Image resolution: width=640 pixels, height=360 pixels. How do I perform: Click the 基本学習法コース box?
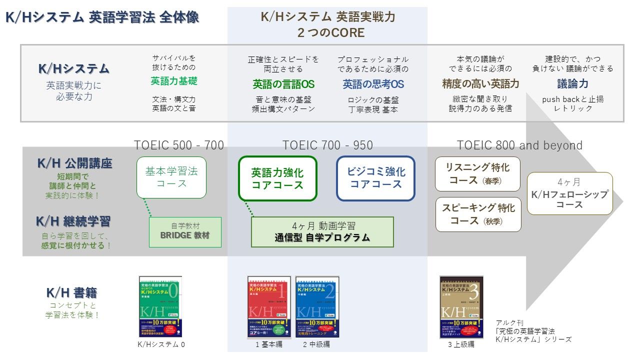(x=171, y=177)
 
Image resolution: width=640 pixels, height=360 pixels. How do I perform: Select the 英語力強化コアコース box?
(x=277, y=178)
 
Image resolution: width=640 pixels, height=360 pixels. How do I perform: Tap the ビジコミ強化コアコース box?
(x=375, y=178)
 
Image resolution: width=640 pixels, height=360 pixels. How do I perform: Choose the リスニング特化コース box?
(x=477, y=174)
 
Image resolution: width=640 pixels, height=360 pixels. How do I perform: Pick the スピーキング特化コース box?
(x=477, y=214)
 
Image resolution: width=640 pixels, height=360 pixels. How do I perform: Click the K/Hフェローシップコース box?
(x=569, y=193)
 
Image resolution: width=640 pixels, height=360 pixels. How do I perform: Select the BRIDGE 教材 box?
(x=185, y=232)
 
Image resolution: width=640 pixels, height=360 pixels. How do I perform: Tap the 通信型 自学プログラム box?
(x=322, y=232)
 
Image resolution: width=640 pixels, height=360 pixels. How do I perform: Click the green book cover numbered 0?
(x=160, y=306)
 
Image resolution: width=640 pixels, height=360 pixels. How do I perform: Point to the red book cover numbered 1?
(x=269, y=306)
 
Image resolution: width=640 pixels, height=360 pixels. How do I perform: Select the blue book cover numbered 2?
(x=317, y=306)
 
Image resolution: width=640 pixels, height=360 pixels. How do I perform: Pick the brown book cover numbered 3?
(x=461, y=306)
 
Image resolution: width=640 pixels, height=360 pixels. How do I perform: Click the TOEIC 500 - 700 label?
(x=179, y=145)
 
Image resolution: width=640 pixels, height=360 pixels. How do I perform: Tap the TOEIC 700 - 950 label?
(x=327, y=145)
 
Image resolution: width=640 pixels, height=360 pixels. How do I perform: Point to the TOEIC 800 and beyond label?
(x=519, y=145)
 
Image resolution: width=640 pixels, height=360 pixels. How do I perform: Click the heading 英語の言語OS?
(x=283, y=84)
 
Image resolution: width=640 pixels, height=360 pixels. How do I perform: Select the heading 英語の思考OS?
(x=373, y=84)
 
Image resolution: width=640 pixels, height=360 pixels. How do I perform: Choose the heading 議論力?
(x=572, y=83)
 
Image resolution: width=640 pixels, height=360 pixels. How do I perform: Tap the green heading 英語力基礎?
(x=174, y=81)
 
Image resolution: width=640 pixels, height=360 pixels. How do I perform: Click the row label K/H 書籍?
(x=71, y=293)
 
